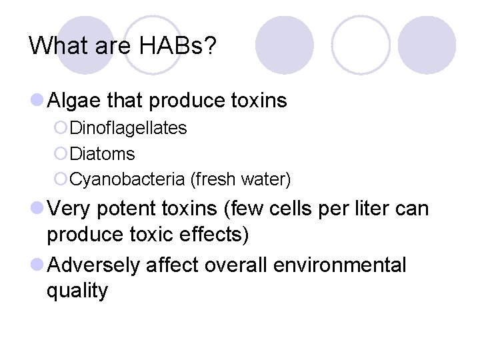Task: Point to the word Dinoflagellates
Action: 128,127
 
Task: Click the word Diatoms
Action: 102,154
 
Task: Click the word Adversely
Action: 94,265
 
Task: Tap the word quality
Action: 77,291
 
